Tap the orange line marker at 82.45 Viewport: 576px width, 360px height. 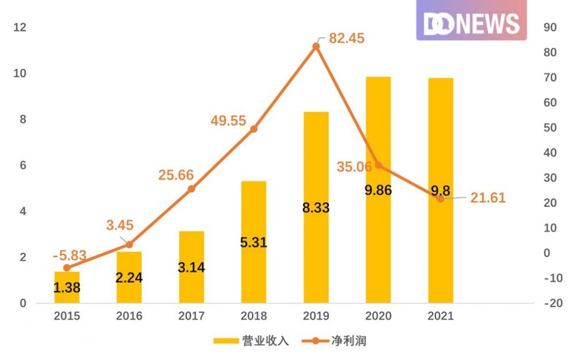pyautogui.click(x=316, y=46)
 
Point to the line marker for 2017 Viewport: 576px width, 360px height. pyautogui.click(x=191, y=188)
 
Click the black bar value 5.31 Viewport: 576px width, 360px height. pyautogui.click(x=253, y=242)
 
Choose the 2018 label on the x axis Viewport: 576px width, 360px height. pyautogui.click(x=253, y=316)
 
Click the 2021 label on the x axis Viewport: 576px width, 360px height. pyautogui.click(x=440, y=316)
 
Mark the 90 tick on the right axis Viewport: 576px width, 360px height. pyautogui.click(x=550, y=28)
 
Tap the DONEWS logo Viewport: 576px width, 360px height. pyautogui.click(x=471, y=23)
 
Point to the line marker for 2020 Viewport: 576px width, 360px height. pyautogui.click(x=378, y=165)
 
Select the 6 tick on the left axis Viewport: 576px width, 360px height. pyautogui.click(x=23, y=165)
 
